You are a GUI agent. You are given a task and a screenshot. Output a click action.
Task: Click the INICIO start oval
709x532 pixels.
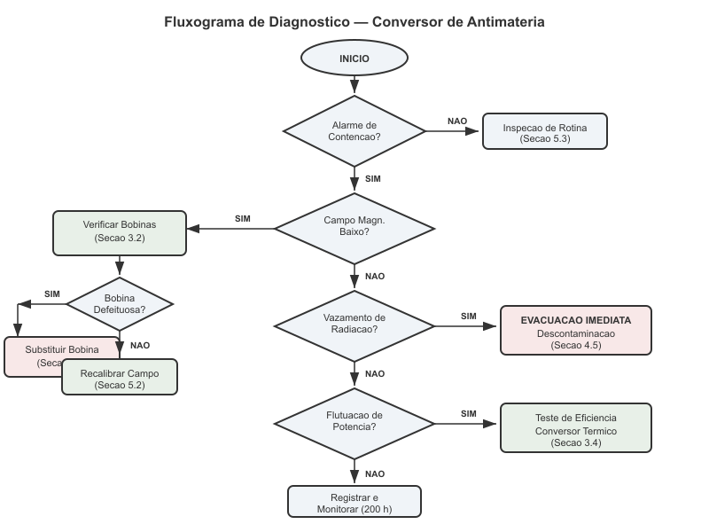point(354,59)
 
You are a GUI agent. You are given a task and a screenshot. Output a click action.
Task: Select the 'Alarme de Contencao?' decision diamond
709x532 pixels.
point(354,131)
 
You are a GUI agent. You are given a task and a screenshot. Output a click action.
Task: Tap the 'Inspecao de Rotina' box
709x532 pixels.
point(544,132)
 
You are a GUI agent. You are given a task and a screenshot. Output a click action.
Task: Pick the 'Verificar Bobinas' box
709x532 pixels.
point(120,231)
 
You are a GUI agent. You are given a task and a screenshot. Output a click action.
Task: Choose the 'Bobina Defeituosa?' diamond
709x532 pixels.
point(120,303)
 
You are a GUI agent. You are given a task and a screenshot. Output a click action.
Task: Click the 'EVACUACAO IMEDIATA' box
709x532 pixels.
point(576,330)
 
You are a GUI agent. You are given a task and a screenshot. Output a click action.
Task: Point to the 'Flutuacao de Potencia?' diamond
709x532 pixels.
point(354,421)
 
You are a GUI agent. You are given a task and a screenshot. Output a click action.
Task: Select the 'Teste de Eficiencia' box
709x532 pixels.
point(576,428)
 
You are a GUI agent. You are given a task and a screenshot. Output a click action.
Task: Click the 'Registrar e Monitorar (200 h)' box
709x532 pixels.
point(354,502)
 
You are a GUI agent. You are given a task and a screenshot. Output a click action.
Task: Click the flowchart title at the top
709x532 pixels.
point(354,21)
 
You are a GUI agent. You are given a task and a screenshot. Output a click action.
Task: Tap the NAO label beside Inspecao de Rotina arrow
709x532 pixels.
point(457,121)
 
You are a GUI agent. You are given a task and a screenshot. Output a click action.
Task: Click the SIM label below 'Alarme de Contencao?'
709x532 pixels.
point(373,179)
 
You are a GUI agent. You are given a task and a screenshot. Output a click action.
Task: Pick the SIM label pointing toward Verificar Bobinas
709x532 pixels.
point(243,218)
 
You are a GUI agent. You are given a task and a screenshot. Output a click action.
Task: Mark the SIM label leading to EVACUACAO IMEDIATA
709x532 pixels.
point(469,316)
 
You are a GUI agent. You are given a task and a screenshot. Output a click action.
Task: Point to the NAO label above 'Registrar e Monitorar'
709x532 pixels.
point(375,473)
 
